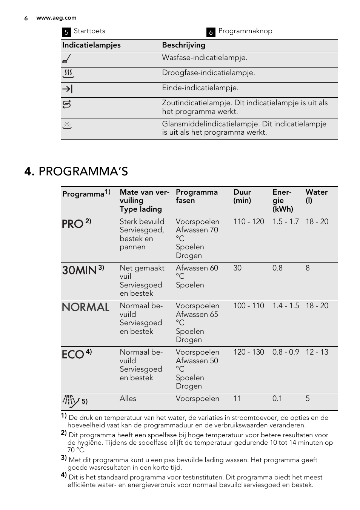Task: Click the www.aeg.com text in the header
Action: click(x=56, y=18)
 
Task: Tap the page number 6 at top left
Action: click(x=26, y=18)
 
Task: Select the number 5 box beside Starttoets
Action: click(x=66, y=32)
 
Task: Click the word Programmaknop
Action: click(x=245, y=31)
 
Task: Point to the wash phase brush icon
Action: click(x=67, y=58)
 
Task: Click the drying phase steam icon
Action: click(x=68, y=74)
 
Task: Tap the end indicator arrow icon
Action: click(x=67, y=89)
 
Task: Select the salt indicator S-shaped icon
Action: click(x=67, y=104)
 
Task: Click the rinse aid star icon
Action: click(x=67, y=125)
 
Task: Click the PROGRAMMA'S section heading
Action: click(x=83, y=172)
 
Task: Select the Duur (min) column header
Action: click(x=242, y=196)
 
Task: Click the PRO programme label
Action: click(x=72, y=224)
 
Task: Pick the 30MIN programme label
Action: click(x=79, y=270)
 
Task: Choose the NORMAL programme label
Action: click(x=86, y=307)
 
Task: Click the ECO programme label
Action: click(x=73, y=355)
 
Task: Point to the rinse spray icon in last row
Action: click(x=71, y=401)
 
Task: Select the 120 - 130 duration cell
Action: click(x=249, y=352)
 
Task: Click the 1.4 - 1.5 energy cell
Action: click(x=286, y=306)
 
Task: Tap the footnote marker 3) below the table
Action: click(x=64, y=458)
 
